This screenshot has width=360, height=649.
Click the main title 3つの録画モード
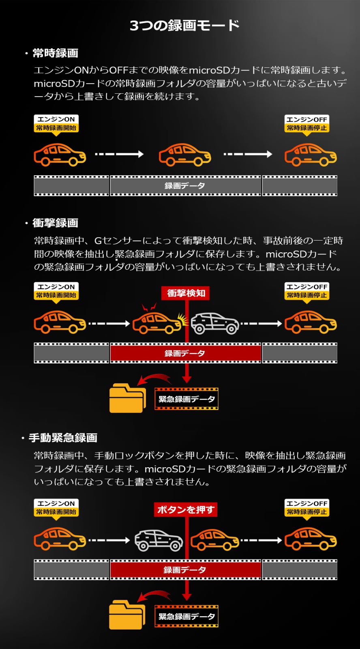tap(184, 26)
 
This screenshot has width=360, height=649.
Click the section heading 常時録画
tap(55, 53)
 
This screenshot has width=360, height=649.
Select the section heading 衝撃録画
tap(55, 223)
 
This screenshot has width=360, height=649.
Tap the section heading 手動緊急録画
tap(63, 438)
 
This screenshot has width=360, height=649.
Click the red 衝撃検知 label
tap(186, 293)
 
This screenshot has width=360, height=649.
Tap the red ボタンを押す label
tap(186, 510)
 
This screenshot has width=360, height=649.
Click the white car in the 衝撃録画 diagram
tap(215, 323)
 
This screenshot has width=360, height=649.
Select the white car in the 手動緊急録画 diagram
tap(159, 540)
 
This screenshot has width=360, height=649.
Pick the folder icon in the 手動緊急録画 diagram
tap(127, 615)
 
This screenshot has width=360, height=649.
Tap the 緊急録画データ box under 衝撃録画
tap(186, 399)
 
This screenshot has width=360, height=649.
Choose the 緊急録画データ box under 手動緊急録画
tap(186, 617)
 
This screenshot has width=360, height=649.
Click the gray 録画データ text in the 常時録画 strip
tap(185, 186)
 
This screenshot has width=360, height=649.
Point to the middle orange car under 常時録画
tap(185, 155)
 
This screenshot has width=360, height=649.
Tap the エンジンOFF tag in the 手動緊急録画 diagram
tap(307, 507)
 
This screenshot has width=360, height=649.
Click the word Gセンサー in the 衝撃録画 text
tap(116, 241)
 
